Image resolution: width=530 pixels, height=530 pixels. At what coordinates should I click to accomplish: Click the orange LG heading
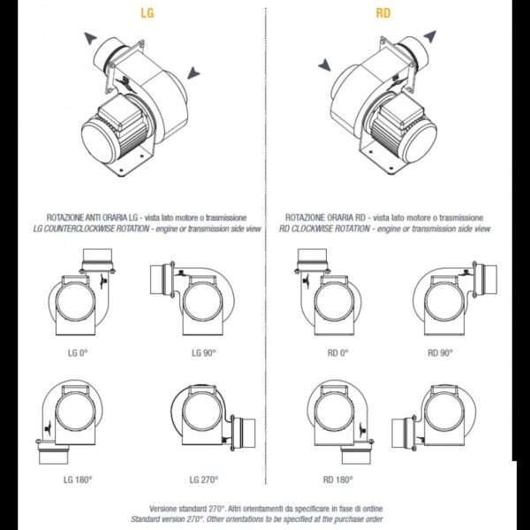coord(147,13)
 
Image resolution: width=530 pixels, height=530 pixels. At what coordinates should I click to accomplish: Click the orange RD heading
coord(383,13)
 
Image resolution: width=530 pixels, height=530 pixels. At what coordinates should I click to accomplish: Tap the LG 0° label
coord(78,352)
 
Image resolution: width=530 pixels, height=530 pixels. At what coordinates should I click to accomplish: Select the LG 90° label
coord(203,352)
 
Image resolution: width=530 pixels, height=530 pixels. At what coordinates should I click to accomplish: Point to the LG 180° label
coord(78,480)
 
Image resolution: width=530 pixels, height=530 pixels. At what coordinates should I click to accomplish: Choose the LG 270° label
coord(204,480)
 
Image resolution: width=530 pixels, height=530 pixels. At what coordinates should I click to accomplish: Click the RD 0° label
coord(337,352)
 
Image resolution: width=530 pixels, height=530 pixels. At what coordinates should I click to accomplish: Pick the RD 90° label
coord(440,352)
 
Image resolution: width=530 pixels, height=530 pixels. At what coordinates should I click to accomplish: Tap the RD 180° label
coord(337,480)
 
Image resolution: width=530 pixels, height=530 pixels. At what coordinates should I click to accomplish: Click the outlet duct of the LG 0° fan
coord(97,260)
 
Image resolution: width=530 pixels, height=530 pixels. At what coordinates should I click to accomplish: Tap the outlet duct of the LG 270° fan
coord(244,433)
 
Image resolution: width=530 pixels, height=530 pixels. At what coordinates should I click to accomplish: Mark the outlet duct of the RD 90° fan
coord(485,279)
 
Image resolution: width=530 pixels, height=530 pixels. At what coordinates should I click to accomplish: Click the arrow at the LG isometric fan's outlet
coord(91,38)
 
